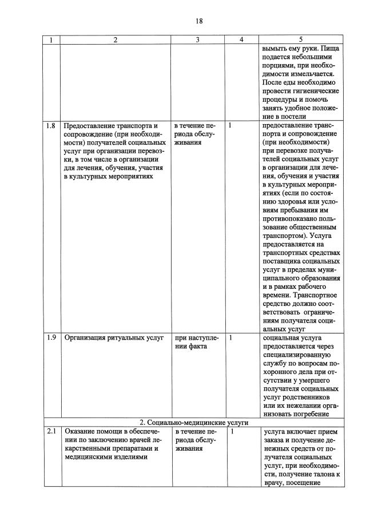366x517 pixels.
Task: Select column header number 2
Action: point(116,40)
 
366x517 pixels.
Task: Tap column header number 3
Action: point(197,40)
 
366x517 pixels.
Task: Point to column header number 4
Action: point(241,40)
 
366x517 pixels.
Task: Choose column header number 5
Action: point(300,40)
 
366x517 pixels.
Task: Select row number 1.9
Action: point(51,338)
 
